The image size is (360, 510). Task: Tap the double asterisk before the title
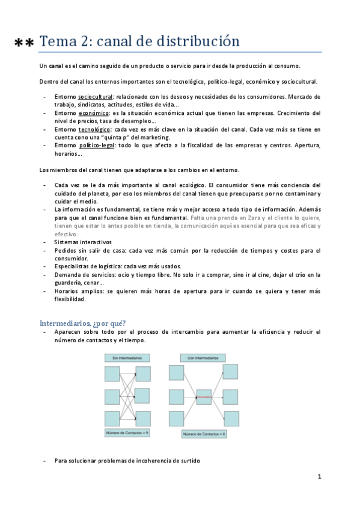24,43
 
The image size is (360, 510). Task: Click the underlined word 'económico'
94,112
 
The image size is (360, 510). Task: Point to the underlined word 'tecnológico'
94,129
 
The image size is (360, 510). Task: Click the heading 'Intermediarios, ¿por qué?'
82,322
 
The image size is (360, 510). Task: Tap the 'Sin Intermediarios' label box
127,358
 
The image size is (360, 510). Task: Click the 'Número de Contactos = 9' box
127,433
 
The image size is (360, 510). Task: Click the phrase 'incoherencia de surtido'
165,461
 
